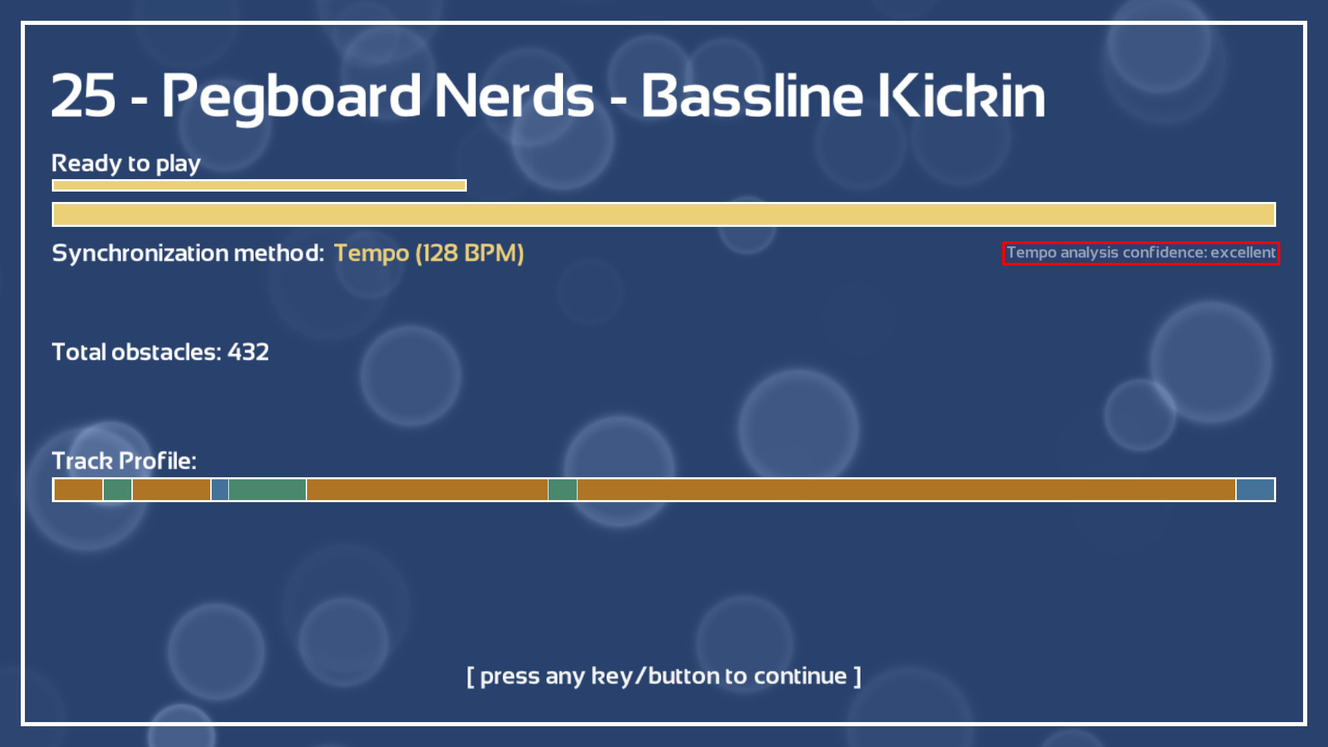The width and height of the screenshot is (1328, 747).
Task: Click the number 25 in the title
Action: tap(84, 95)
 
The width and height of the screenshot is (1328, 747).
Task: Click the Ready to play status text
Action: tap(126, 164)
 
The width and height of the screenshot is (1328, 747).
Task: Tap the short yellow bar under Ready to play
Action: tap(259, 185)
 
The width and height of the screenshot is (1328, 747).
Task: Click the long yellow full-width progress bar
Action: tap(664, 214)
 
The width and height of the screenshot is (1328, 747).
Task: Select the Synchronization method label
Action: tap(188, 253)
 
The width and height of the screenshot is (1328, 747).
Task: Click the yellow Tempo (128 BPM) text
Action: tap(429, 253)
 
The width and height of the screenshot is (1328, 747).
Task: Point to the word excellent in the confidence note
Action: tap(1243, 252)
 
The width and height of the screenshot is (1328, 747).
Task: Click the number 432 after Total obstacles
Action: tap(248, 352)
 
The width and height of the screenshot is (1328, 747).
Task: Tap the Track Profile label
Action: tap(124, 461)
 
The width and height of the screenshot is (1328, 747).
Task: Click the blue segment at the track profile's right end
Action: tap(1255, 490)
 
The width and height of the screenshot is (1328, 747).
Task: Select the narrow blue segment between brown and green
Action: tap(220, 490)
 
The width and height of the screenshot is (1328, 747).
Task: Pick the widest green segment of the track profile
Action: tap(267, 490)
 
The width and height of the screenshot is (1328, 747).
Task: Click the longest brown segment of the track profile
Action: tap(906, 490)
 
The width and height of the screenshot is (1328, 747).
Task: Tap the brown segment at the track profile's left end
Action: tap(78, 490)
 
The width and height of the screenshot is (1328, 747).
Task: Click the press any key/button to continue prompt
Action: tap(664, 676)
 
